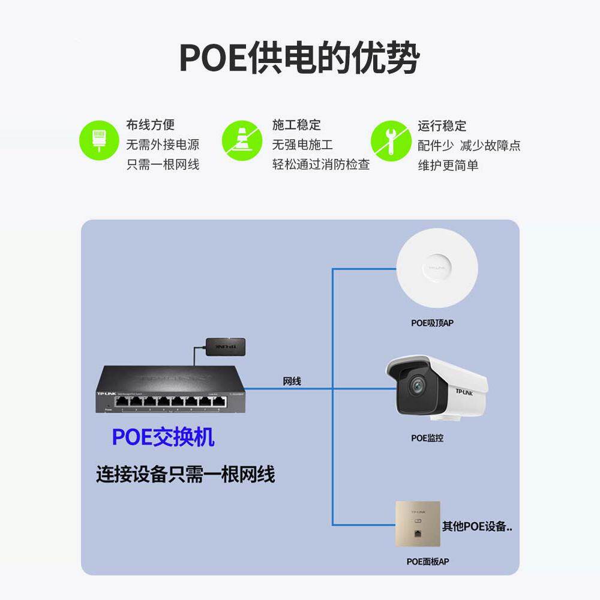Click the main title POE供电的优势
(299, 58)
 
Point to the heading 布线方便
(150, 125)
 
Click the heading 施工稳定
(296, 125)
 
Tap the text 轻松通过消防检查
(321, 164)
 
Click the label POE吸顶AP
(432, 323)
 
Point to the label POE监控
(427, 438)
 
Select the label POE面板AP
(427, 562)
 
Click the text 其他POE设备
(477, 527)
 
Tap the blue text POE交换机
(163, 437)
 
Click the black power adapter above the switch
(226, 346)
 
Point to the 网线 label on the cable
(292, 381)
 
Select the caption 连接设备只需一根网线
(185, 475)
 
